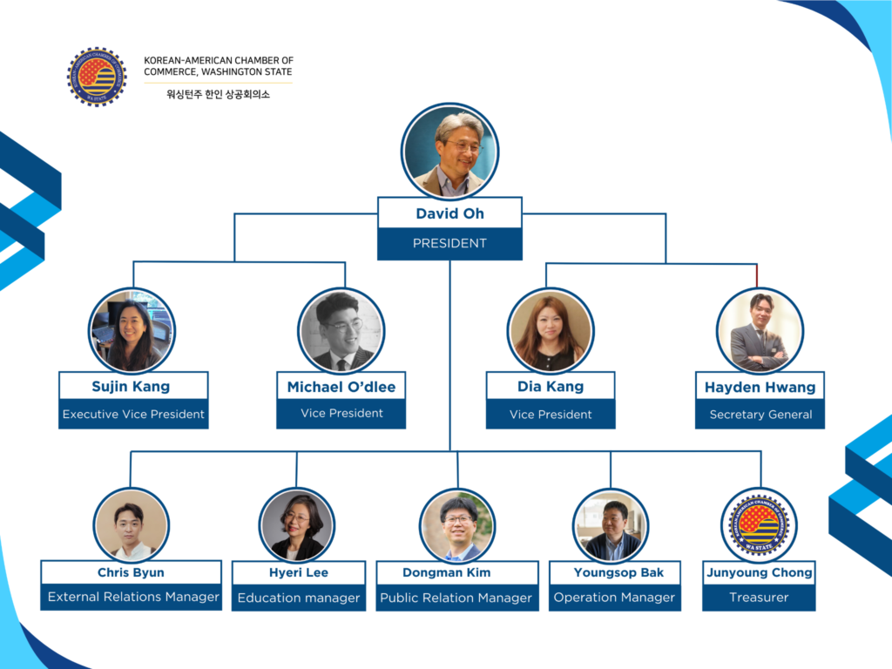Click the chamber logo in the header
tap(97, 77)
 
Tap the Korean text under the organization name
tap(218, 94)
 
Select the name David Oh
tap(449, 213)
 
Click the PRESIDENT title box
tap(449, 244)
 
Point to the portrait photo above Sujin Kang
tap(132, 331)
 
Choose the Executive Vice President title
tap(133, 414)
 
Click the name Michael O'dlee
tap(341, 387)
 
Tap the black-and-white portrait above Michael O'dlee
tap(341, 331)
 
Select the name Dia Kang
tap(551, 386)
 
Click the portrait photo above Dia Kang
tap(551, 331)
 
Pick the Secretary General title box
tap(760, 415)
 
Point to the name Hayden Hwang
tap(760, 387)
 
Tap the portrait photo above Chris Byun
tap(131, 525)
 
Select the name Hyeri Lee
tap(299, 572)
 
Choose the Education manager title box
tap(299, 598)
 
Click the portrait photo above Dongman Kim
tap(457, 525)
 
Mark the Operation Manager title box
tap(614, 598)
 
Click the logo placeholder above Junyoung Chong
tap(759, 525)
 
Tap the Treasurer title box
tap(759, 598)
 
